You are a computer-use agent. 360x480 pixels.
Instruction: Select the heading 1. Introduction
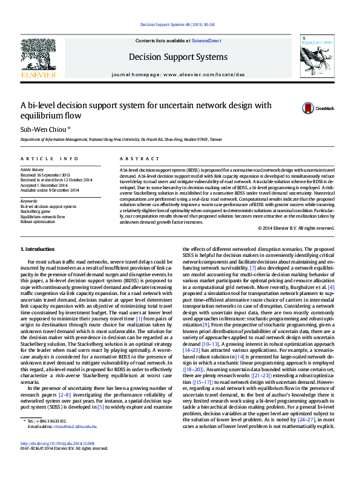38,248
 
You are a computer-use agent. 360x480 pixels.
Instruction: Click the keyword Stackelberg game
38,211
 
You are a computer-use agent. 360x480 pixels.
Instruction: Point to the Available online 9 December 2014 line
50,190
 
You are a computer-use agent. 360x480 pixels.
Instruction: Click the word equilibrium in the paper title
43,115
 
